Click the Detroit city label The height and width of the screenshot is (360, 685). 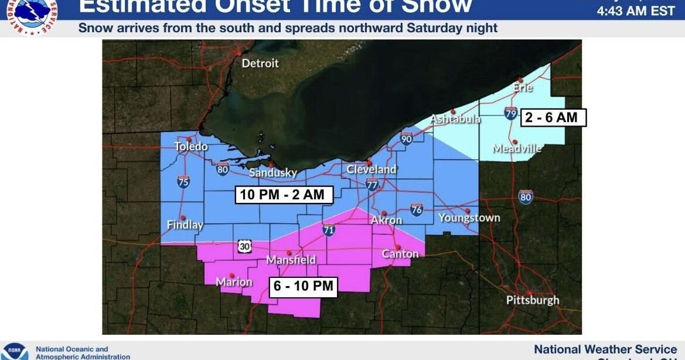click(261, 63)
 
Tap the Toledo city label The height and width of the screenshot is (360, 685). click(191, 146)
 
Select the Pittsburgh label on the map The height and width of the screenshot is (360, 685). click(533, 300)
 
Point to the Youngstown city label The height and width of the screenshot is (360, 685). click(469, 218)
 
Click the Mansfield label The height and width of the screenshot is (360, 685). click(291, 260)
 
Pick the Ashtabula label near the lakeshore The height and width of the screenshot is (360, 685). click(455, 119)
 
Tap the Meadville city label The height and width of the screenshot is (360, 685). click(517, 148)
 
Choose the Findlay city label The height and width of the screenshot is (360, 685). click(185, 225)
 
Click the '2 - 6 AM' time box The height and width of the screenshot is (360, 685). click(551, 117)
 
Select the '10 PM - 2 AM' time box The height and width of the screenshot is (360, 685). click(284, 195)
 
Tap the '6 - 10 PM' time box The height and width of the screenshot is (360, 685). click(304, 286)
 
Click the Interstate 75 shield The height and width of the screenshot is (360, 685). click(183, 182)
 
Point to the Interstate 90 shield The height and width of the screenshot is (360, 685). click(407, 138)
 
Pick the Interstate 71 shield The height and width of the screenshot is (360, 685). click(329, 230)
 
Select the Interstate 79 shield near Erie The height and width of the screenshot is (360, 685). click(511, 113)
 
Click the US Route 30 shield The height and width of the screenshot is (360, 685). click(245, 247)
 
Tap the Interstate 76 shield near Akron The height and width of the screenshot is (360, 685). click(417, 210)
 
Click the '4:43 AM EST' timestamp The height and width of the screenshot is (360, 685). click(636, 11)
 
